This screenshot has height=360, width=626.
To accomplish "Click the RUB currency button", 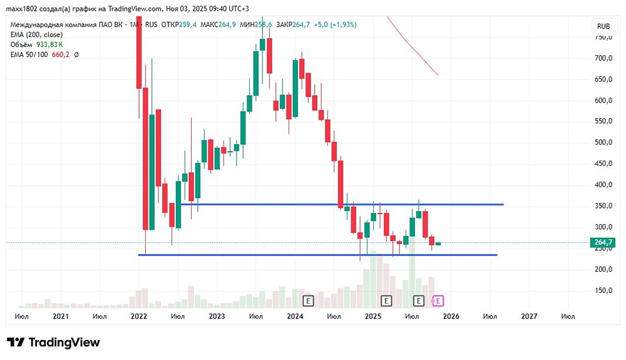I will coord(603,26).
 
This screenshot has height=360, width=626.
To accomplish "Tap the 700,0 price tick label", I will coord(603,58).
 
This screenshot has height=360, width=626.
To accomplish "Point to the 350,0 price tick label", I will coord(603,206).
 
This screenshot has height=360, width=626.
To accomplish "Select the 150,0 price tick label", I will coord(603,291).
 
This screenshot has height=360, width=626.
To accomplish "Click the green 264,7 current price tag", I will coord(603,242).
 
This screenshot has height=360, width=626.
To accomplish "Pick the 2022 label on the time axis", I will coord(138,317).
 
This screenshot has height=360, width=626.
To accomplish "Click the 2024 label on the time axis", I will coord(295,317).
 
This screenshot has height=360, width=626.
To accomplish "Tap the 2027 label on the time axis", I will coord(529,317).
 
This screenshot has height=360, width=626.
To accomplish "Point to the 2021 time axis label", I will coord(60,317).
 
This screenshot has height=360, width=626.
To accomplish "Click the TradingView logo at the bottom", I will coord(53,342).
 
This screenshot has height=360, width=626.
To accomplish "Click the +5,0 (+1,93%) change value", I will coord(336,24).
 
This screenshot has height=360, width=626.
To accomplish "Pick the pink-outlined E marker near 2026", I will coord(438,301).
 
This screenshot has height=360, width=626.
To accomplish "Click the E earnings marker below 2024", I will coord(308,301).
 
